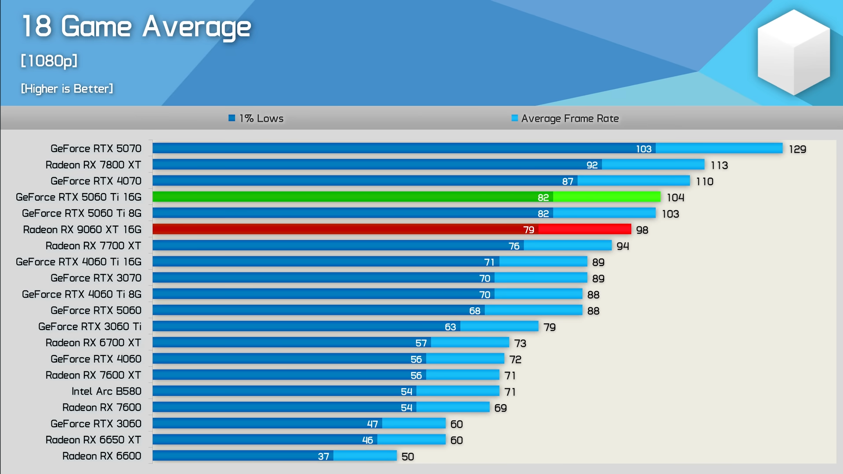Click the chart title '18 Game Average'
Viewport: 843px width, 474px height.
(136, 26)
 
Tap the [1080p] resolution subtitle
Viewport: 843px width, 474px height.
(49, 61)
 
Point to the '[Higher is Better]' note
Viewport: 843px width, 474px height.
(67, 89)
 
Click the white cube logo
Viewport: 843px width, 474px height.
(793, 52)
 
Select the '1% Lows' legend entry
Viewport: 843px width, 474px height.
(257, 118)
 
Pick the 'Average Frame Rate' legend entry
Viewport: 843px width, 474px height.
(565, 118)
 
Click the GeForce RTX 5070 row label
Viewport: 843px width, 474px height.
(96, 149)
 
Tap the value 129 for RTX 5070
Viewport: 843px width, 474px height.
(797, 149)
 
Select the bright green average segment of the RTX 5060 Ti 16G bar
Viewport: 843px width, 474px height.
(606, 197)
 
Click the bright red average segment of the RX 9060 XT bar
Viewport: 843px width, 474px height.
(584, 230)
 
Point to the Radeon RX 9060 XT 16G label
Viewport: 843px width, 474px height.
(82, 230)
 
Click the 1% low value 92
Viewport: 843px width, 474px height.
(592, 165)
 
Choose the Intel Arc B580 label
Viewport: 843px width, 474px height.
(106, 391)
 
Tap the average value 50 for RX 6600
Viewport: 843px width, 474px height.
(408, 457)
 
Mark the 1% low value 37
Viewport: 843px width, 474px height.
(323, 457)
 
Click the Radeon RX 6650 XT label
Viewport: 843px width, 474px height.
(93, 440)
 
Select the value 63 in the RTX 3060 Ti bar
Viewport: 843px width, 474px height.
(450, 327)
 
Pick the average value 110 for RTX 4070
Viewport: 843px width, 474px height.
(705, 182)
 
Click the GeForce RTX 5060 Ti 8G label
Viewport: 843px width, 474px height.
(82, 213)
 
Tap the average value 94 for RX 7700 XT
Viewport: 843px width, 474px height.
(622, 246)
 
